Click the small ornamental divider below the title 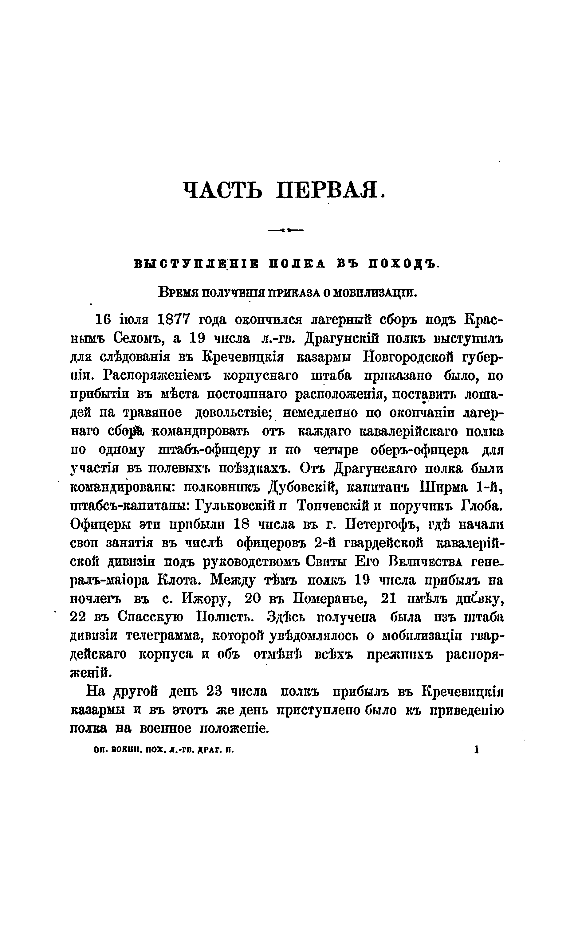click(285, 229)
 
